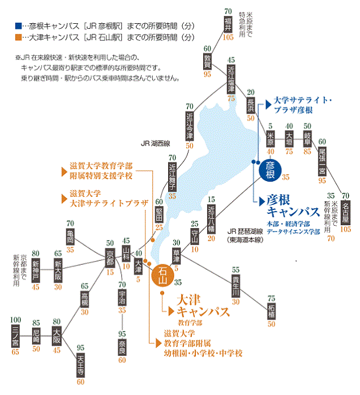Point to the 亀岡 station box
coord(70,237)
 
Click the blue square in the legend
coord(19,26)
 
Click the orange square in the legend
coord(19,38)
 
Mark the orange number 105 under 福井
coord(228,37)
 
